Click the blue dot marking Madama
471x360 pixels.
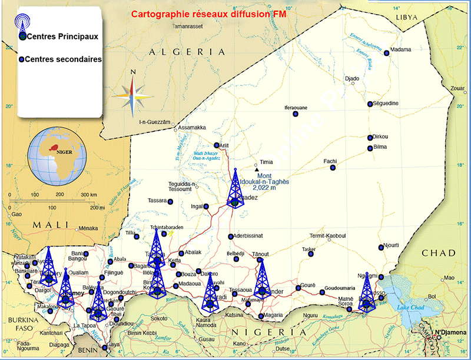click(387, 54)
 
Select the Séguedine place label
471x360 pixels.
click(386, 104)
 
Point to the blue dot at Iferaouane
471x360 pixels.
click(296, 114)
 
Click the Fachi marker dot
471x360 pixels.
click(333, 168)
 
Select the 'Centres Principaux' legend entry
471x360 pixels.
click(62, 36)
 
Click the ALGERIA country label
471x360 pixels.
click(187, 52)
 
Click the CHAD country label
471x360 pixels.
click(439, 253)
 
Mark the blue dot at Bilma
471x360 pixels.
click(370, 148)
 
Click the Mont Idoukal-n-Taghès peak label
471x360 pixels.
click(258, 182)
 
